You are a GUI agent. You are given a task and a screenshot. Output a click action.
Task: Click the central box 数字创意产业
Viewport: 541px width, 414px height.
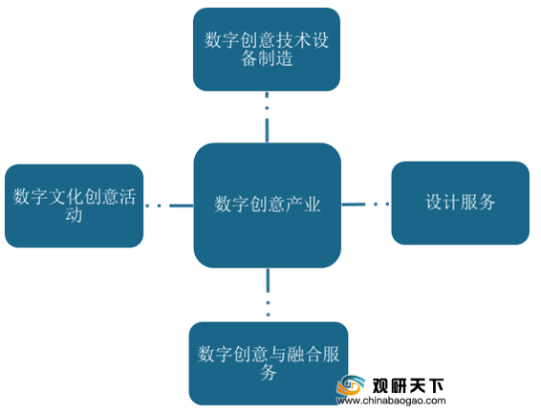coord(268,206)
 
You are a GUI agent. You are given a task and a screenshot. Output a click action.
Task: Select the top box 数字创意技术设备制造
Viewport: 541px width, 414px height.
coord(267,50)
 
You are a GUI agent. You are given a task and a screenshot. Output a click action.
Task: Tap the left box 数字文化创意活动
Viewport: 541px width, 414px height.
coord(74,206)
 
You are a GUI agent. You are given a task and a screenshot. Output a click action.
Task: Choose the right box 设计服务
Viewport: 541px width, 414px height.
coord(461,203)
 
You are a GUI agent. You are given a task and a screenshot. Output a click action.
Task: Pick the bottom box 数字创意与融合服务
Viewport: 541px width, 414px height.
coord(269,363)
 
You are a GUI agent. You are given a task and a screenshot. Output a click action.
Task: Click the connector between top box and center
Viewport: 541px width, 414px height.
coord(267,118)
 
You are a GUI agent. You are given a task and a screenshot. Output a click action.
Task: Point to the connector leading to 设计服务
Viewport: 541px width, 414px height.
coord(366,205)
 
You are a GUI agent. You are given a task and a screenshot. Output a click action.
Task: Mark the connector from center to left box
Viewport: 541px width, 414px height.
coord(169,206)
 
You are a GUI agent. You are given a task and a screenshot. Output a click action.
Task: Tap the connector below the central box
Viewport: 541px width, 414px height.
coord(268,293)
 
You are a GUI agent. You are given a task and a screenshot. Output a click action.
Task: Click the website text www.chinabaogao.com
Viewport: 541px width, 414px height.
coord(391,401)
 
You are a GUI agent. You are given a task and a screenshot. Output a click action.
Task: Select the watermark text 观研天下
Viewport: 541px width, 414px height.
coord(408,385)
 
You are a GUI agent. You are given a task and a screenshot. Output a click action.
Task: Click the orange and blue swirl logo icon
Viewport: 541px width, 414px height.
coord(351,385)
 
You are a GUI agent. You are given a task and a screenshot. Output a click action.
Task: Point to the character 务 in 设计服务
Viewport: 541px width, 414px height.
coord(487,202)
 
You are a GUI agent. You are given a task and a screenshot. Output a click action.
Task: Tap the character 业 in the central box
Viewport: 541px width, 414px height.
coord(312,205)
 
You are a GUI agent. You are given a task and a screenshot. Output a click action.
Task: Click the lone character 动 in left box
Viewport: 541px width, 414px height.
coord(74,214)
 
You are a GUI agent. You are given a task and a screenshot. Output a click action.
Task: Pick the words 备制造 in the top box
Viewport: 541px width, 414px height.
coord(267,58)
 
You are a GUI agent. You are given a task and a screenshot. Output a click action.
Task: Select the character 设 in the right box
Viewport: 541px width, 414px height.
coord(434,202)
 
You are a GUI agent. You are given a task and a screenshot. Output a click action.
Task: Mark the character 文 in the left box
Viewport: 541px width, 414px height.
coord(56,197)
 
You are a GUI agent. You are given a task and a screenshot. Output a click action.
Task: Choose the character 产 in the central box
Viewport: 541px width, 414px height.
coord(294,205)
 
